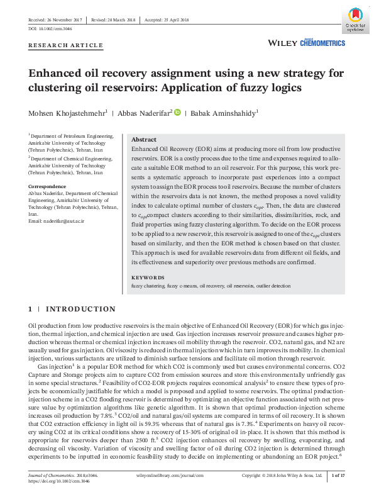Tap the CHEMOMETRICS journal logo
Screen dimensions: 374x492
(322, 42)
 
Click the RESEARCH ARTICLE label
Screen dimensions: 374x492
(65, 46)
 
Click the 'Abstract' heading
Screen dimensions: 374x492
(143, 140)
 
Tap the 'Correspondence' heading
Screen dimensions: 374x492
(47, 186)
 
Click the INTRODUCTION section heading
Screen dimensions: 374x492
(80, 310)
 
